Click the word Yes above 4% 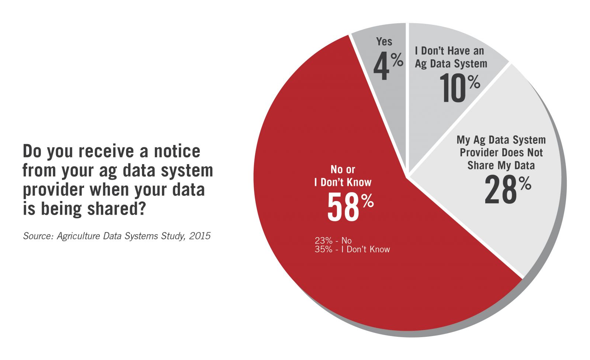[384, 42]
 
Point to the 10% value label [459, 89]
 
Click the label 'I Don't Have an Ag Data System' [451, 57]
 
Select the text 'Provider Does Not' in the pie [501, 152]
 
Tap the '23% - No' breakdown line [333, 240]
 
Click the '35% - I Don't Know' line [352, 249]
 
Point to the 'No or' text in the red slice [343, 169]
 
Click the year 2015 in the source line [199, 236]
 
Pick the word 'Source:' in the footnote [38, 236]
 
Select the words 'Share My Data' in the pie [501, 165]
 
